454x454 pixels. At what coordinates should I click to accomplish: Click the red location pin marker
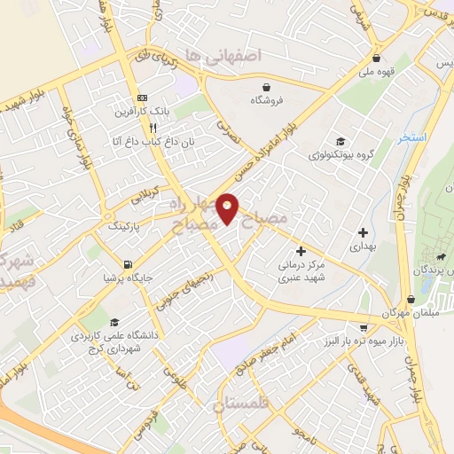click(x=229, y=208)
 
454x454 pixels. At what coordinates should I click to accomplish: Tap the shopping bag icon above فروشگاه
click(x=267, y=86)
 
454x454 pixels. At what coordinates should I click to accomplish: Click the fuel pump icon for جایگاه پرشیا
click(x=129, y=264)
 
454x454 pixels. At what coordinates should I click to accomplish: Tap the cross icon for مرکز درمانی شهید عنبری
click(x=301, y=252)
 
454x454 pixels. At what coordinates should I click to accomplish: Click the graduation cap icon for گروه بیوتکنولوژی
click(x=340, y=141)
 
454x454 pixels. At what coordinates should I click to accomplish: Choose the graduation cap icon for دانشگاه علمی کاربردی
click(x=113, y=322)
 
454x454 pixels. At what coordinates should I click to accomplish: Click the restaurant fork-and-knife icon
click(x=153, y=127)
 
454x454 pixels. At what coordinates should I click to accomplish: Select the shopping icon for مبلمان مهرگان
click(x=411, y=300)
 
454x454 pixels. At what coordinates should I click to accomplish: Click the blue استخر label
click(x=411, y=138)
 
